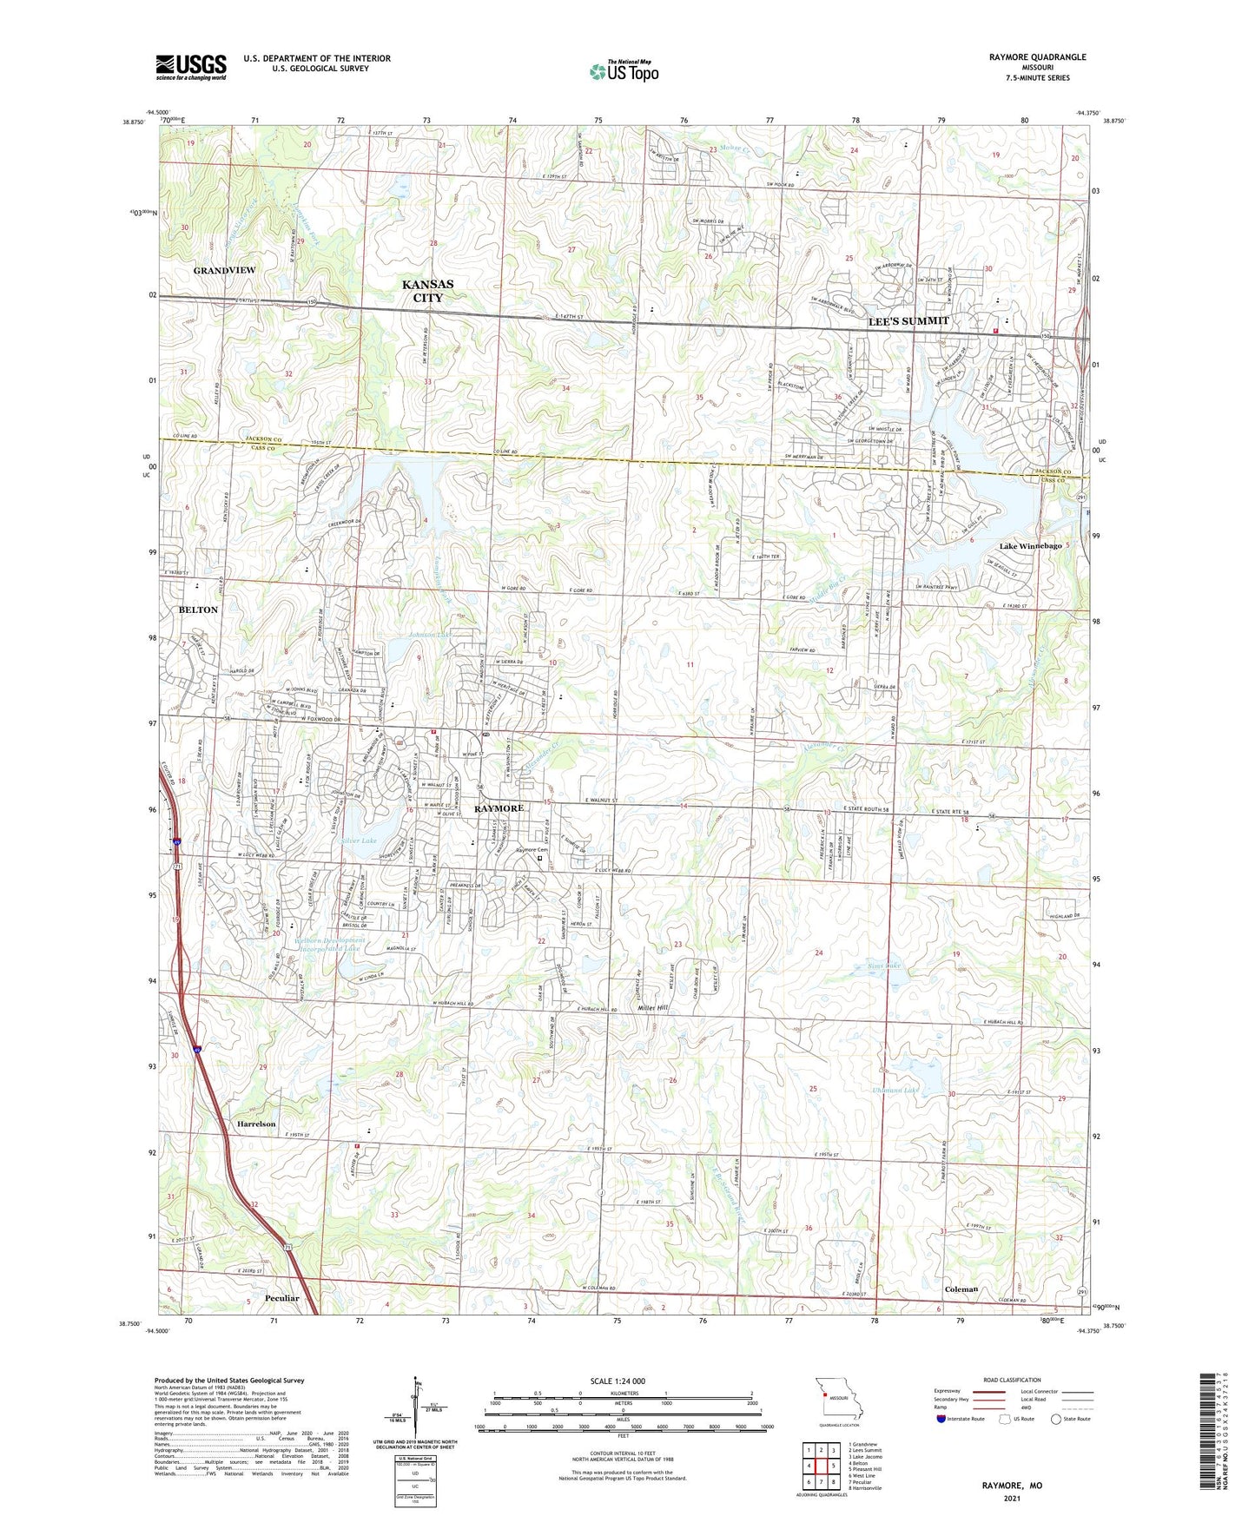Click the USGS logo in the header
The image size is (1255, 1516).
click(191, 67)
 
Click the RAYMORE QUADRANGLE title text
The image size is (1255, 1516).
click(1037, 57)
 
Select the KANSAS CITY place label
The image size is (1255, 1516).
click(427, 291)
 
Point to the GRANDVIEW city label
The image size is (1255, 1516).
click(224, 271)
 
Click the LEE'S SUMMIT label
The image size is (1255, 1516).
click(908, 321)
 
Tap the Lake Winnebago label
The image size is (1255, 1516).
click(1030, 546)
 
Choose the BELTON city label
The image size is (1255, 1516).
click(198, 610)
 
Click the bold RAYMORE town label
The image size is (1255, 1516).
click(499, 808)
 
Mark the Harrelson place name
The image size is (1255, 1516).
click(255, 1124)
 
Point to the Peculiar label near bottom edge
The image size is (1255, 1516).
click(280, 1298)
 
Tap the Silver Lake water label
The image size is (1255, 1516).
click(360, 841)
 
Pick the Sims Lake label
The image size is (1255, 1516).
click(884, 966)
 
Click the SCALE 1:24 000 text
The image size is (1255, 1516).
click(617, 1381)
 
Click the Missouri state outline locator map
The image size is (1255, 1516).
click(838, 1397)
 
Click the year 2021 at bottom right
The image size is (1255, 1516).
click(1012, 1499)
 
